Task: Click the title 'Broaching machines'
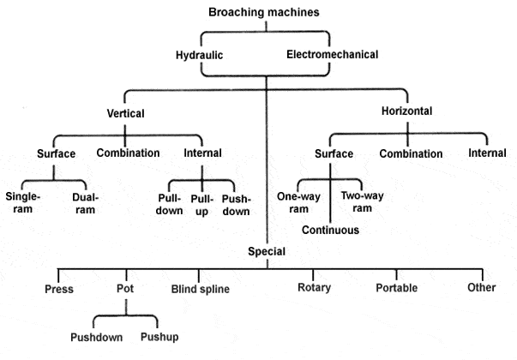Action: click(x=266, y=11)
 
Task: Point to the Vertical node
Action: click(x=125, y=112)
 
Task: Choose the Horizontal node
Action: click(x=408, y=111)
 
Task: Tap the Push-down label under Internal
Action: click(x=236, y=203)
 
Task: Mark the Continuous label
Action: click(x=330, y=230)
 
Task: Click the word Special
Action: click(x=267, y=252)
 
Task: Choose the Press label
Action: click(x=60, y=288)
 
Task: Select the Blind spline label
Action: click(x=200, y=289)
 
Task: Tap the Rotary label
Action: click(x=314, y=287)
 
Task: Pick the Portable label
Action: click(x=397, y=287)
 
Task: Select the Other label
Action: click(x=482, y=287)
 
